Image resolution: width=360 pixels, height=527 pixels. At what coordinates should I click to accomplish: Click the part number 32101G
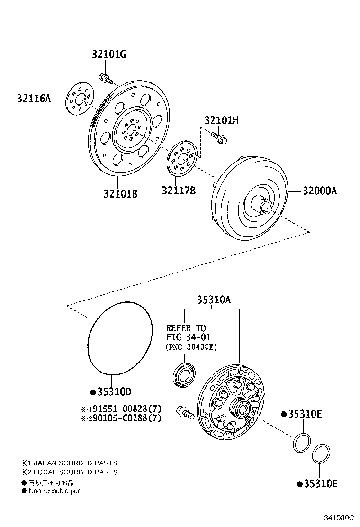(108, 54)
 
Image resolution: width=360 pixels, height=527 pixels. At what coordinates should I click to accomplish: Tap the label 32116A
(34, 99)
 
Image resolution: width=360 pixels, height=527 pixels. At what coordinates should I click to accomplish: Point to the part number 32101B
(121, 193)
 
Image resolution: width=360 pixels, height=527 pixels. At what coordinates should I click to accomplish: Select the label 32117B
(179, 191)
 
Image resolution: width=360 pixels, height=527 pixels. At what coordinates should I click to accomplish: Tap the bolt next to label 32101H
(220, 138)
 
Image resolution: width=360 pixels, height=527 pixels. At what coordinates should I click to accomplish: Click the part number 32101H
(221, 120)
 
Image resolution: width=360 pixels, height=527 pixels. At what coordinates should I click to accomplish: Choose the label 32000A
(320, 191)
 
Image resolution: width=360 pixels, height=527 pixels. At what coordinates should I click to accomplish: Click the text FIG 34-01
(188, 337)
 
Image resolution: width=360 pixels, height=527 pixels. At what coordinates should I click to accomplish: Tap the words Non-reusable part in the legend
(55, 491)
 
